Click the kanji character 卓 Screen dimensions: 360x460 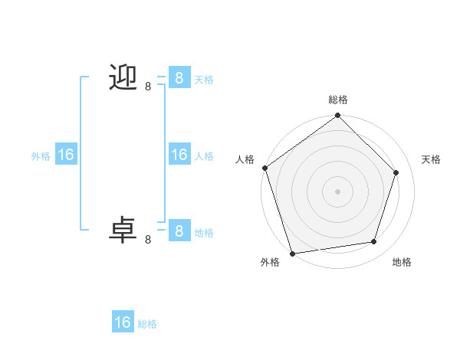[123, 230]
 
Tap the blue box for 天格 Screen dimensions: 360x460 [179, 77]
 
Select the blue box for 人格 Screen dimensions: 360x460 [179, 155]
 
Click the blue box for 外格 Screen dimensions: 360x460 [66, 155]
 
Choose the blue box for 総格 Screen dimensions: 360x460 [123, 322]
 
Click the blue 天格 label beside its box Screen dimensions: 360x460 [204, 79]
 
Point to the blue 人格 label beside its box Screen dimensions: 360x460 [204, 156]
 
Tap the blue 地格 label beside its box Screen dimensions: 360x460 [204, 232]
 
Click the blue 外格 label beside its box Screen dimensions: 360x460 [41, 156]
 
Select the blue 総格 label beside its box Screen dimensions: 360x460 [147, 324]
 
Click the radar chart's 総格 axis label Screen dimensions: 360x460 [338, 100]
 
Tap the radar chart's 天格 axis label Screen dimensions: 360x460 [431, 159]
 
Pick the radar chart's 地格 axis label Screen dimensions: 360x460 [402, 262]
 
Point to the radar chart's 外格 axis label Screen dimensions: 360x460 [270, 262]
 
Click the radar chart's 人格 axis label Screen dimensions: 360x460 [245, 159]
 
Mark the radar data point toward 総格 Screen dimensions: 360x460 [337, 116]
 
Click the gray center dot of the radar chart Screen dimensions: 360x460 [337, 191]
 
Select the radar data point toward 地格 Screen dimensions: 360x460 [374, 242]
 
